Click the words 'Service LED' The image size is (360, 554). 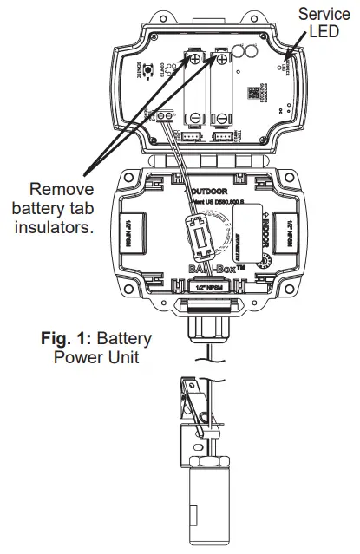324,23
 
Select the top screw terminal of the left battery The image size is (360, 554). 198,59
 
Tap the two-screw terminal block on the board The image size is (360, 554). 165,117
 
